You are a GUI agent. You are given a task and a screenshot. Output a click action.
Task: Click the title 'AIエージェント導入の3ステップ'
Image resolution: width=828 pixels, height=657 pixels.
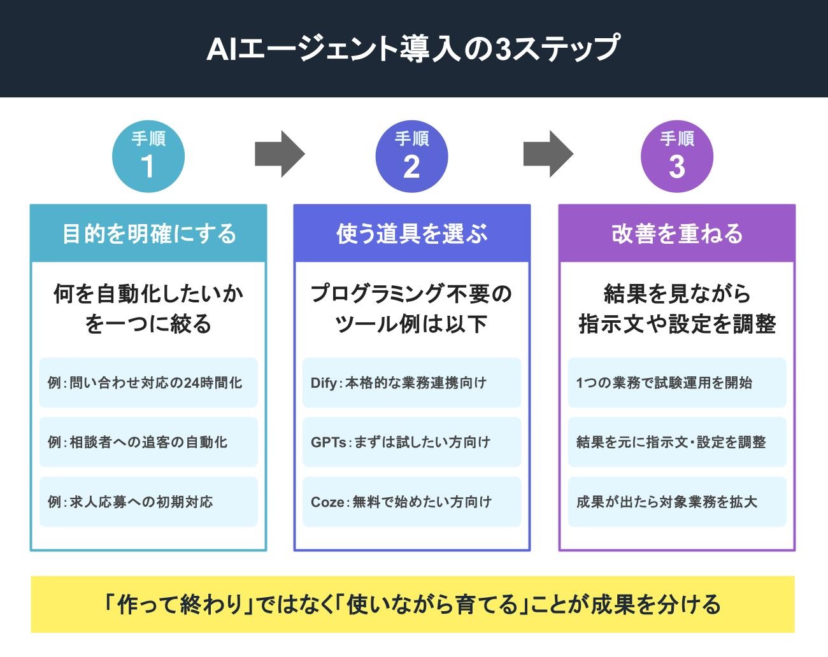click(413, 49)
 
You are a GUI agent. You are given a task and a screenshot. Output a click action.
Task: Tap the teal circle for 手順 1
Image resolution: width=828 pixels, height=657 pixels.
click(148, 157)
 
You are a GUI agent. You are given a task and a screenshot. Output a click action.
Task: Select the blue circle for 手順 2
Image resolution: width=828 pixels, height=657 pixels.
click(411, 157)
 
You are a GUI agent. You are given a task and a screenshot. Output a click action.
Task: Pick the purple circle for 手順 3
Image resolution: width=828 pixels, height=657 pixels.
click(676, 157)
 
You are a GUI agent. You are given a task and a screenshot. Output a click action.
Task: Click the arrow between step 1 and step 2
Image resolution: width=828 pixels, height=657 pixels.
click(280, 154)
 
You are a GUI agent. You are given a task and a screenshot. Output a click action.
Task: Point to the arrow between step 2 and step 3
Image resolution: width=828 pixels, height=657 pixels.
click(548, 154)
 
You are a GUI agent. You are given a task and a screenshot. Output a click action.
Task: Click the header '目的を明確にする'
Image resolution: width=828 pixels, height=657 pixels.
click(148, 234)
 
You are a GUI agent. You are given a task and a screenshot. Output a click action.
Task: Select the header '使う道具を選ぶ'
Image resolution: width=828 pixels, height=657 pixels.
click(411, 234)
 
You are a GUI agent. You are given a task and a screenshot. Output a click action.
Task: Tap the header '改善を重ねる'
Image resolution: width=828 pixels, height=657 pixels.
click(676, 234)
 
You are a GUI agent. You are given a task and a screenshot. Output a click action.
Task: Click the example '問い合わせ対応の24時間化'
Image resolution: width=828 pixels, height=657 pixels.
click(155, 383)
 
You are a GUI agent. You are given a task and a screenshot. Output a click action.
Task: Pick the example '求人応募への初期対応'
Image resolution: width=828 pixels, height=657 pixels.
click(140, 502)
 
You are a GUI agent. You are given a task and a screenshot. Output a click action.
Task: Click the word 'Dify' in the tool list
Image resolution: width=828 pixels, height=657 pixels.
click(324, 383)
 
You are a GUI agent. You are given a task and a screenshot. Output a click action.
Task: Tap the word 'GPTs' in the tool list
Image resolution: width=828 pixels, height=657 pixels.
click(327, 442)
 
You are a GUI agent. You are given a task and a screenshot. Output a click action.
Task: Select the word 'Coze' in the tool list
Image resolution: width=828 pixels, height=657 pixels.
click(326, 502)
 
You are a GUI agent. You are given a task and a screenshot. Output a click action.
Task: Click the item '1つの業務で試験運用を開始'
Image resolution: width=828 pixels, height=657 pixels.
click(664, 383)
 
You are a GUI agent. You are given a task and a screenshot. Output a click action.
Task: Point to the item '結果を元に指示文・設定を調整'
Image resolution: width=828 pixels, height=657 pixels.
click(671, 442)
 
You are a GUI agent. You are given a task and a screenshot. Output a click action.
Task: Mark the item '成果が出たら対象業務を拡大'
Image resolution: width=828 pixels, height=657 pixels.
click(666, 502)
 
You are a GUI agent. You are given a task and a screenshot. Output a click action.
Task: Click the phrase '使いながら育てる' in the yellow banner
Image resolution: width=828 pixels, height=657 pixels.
click(432, 604)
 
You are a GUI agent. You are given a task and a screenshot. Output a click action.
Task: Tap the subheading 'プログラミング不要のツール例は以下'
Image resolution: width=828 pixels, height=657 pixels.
click(411, 309)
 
